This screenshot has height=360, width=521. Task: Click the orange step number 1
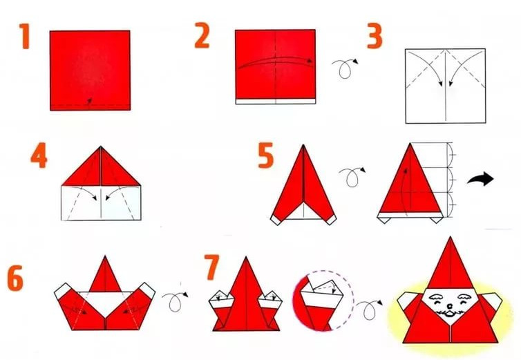pos(24,36)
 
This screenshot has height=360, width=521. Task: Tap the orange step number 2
pos(202,35)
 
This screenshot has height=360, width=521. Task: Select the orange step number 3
pos(375,37)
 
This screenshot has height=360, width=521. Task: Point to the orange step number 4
pos(39,155)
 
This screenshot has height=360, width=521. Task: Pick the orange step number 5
pos(266,155)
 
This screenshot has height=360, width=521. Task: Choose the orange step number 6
pos(15,278)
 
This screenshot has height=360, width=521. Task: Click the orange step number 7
pos(211,267)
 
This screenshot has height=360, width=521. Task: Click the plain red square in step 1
pos(90,70)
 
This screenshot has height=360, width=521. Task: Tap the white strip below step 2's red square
pos(276,102)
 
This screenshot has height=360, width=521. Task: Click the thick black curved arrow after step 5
pos(481,179)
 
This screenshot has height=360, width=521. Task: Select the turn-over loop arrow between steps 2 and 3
pos(345,68)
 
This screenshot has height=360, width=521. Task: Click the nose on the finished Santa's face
pos(449,306)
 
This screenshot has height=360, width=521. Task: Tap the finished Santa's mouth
pos(449,314)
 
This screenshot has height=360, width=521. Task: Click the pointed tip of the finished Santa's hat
pos(451,237)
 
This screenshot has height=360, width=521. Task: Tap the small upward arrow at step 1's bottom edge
pos(89,101)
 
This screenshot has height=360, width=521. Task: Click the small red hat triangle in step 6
pos(105,275)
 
